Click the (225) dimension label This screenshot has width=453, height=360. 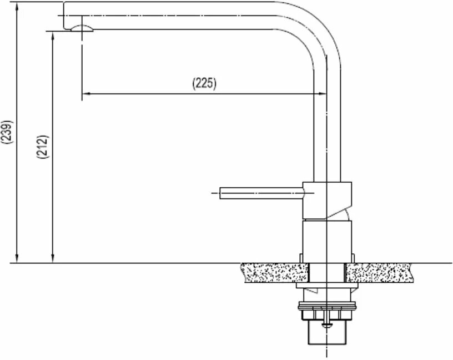(x=204, y=83)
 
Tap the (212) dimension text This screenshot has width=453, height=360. (x=43, y=146)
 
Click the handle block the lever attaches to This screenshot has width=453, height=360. (x=327, y=199)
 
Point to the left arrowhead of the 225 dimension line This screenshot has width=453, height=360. (x=85, y=94)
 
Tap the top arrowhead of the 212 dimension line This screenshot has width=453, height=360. (x=53, y=34)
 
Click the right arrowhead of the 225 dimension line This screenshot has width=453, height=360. (x=323, y=94)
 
